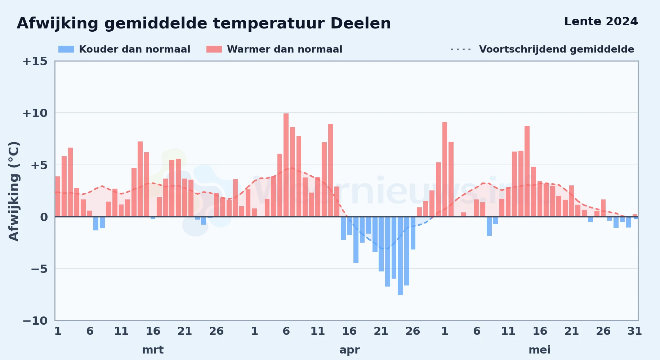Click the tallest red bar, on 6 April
pos(286,165)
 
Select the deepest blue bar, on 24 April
pos(400,256)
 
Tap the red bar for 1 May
pos(445,169)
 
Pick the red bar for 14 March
pos(140,179)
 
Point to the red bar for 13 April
pos(330,170)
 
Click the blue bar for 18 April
pos(362,230)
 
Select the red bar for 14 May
pos(527,171)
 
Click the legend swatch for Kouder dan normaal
pos(66,49)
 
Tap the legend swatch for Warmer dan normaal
pos(214,49)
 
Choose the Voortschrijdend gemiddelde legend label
pos(557,49)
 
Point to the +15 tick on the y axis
pos(35,61)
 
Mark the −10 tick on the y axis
pos(35,321)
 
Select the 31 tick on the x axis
pos(634,331)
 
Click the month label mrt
pos(153,350)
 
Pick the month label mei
pos(540,350)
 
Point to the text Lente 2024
pos(601,22)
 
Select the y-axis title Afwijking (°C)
pos(14,191)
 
